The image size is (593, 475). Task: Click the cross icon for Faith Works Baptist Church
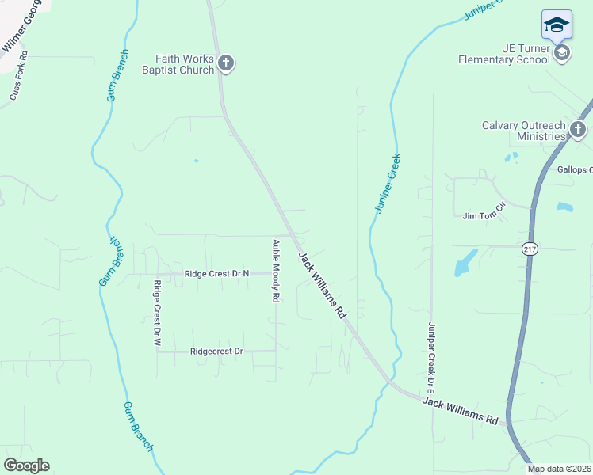226,63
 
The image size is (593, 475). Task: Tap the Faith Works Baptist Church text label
185,63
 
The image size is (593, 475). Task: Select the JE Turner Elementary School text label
504,53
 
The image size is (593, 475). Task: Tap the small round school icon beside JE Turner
562,53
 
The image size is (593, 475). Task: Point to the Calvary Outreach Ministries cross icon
578,131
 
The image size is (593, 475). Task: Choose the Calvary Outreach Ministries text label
524,131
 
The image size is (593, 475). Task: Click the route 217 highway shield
530,249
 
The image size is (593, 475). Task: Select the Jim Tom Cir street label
484,215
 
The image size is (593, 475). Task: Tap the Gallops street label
575,170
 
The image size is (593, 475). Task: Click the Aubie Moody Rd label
276,271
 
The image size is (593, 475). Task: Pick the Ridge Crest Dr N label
216,274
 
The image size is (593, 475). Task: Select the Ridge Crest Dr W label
157,314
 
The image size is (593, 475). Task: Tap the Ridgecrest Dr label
216,351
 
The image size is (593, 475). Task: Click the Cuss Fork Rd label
19,77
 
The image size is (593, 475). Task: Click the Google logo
26,465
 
